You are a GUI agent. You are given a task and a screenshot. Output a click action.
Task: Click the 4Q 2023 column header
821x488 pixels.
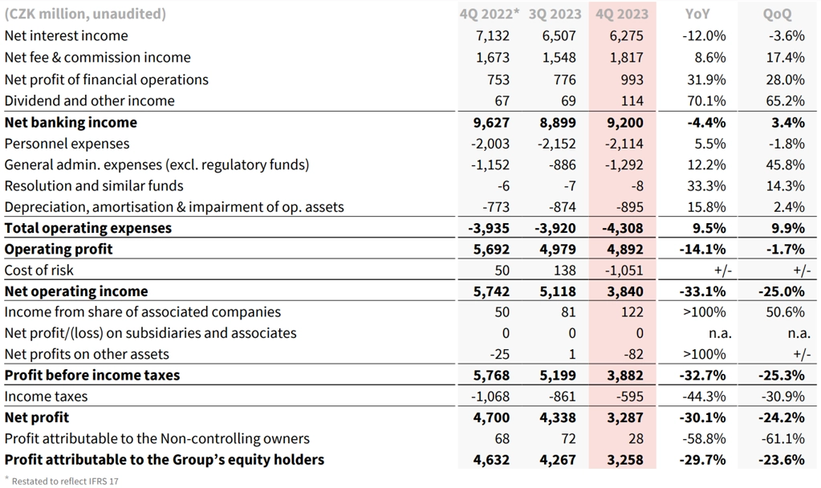coord(622,14)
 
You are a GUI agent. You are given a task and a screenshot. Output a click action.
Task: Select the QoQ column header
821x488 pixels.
coord(777,14)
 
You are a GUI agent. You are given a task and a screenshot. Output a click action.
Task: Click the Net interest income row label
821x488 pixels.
coord(66,35)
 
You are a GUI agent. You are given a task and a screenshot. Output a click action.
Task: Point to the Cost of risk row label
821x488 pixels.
coord(39,270)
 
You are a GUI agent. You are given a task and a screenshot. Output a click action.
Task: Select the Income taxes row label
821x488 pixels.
coord(46,396)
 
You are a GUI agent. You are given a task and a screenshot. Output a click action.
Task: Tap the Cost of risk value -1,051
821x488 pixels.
coord(624,270)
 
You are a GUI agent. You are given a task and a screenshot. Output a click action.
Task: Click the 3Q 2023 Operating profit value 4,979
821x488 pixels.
coord(559,249)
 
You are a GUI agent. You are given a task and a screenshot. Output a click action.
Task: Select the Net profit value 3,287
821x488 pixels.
coord(625,417)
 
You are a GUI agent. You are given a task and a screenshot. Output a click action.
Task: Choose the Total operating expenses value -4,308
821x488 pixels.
coord(622,228)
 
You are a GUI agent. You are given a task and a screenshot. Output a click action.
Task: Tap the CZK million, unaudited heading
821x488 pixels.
coord(85,14)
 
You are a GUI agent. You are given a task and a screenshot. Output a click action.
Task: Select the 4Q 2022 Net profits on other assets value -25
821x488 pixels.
coord(499,354)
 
